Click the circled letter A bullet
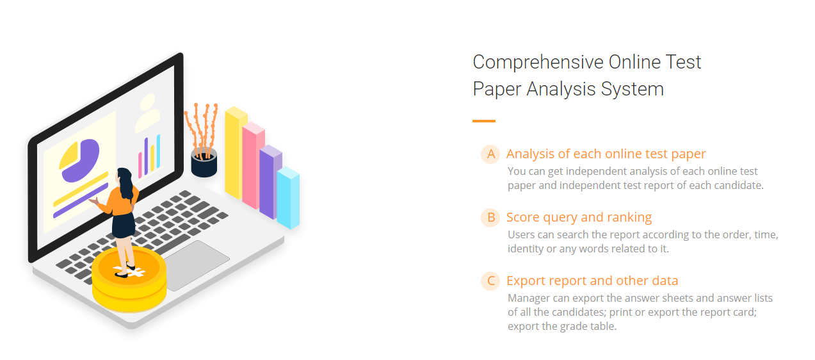[x=491, y=154]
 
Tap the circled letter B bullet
[x=491, y=217]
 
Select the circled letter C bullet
[x=491, y=281]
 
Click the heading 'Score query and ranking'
[x=579, y=217]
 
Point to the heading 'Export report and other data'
[x=592, y=281]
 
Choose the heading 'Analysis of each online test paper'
[x=606, y=154]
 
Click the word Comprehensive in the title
[x=538, y=63]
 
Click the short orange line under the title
[x=484, y=121]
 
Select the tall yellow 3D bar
[x=235, y=153]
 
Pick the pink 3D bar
[x=252, y=166]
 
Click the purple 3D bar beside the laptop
[x=270, y=182]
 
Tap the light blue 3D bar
[x=288, y=198]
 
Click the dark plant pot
[x=204, y=163]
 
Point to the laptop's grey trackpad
[x=196, y=265]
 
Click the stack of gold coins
[x=129, y=279]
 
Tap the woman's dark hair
[x=125, y=183]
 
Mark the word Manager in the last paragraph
[x=529, y=298]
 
